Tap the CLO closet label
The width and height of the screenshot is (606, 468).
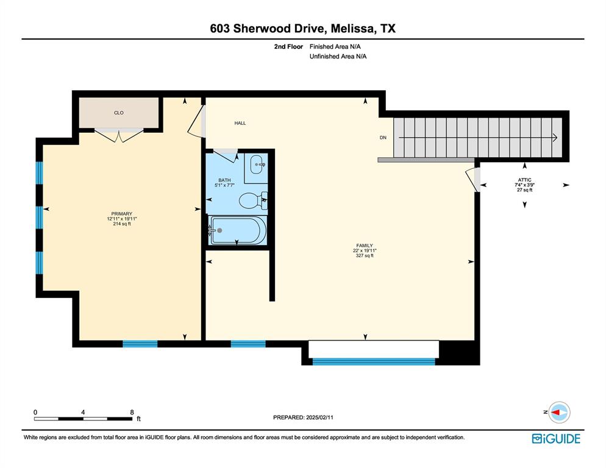point(119,113)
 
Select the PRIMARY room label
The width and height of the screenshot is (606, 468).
point(121,214)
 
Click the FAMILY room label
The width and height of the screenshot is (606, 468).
point(365,246)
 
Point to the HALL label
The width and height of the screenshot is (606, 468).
point(240,123)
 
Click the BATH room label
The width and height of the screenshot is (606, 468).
point(224,180)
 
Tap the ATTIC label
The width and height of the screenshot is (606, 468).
point(524,180)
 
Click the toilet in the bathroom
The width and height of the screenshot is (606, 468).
point(251,199)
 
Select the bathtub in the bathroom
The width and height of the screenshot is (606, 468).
point(238,230)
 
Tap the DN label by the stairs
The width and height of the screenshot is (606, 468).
point(383,138)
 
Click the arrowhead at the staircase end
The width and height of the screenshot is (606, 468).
point(555,138)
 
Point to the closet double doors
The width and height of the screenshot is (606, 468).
point(119,135)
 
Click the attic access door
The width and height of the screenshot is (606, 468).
point(472,179)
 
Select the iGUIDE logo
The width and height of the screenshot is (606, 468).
point(555,438)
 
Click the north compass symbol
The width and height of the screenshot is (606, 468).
point(558,413)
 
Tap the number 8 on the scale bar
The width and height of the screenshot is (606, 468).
point(132,413)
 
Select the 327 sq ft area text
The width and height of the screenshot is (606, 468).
point(365,256)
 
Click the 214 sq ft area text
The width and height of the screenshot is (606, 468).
point(121,224)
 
